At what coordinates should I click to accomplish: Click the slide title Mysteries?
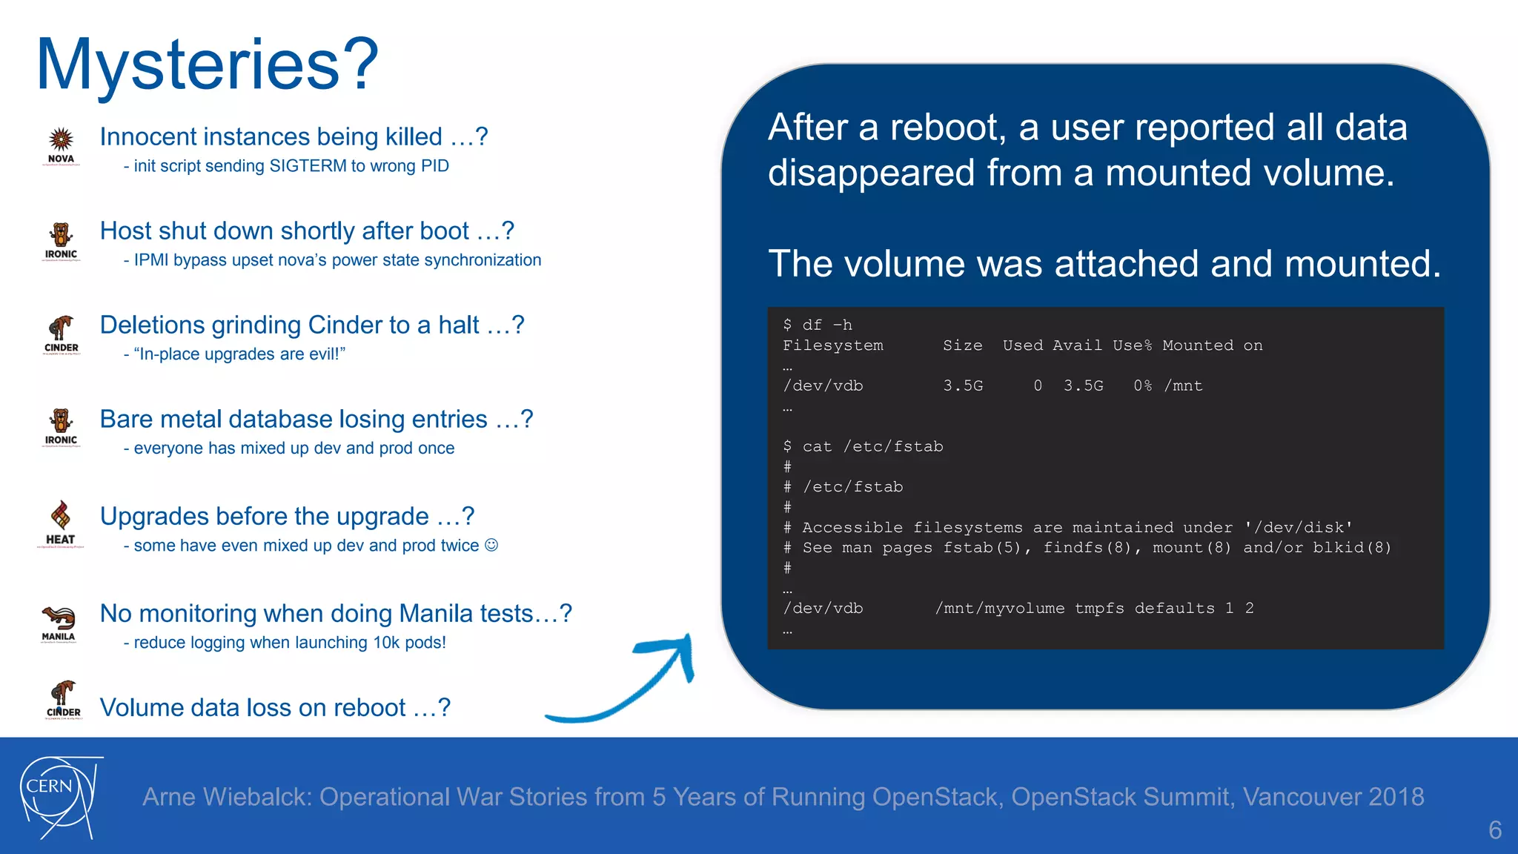(x=208, y=65)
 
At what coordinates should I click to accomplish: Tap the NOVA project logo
(x=61, y=145)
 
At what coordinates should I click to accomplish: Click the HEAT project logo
(x=61, y=523)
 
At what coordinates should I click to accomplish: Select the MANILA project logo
(x=59, y=623)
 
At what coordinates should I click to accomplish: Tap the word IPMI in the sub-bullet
(x=150, y=260)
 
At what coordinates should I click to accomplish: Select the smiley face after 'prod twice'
(x=491, y=545)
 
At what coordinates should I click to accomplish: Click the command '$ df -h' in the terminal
(x=818, y=325)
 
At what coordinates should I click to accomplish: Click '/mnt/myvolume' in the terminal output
(x=999, y=608)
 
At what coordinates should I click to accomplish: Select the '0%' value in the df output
(x=1142, y=385)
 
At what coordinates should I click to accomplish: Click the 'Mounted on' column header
(x=1212, y=345)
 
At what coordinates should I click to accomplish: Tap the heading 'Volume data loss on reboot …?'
(x=275, y=707)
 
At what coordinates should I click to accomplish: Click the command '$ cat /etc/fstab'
(x=863, y=446)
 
